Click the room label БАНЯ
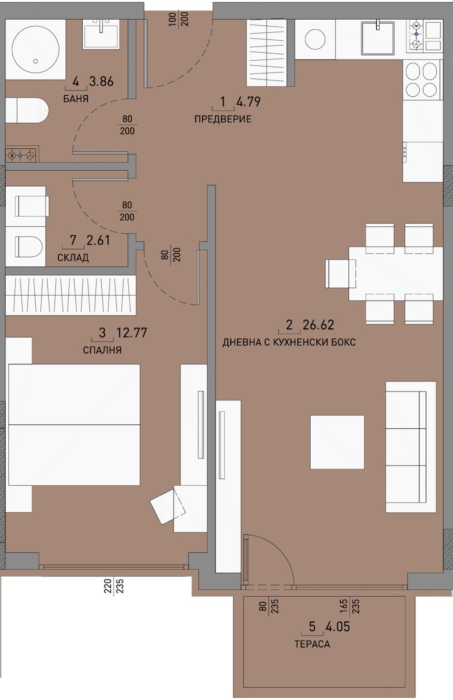click(76, 99)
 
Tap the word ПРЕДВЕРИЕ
click(223, 119)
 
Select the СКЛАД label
click(73, 258)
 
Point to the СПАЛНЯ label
click(103, 350)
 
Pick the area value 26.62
click(319, 325)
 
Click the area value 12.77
click(132, 333)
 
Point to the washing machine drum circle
click(315, 39)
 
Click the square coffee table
click(337, 442)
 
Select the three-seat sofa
click(411, 447)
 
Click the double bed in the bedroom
click(74, 425)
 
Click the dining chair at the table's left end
click(340, 274)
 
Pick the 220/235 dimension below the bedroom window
click(114, 586)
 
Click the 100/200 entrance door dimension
click(179, 19)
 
